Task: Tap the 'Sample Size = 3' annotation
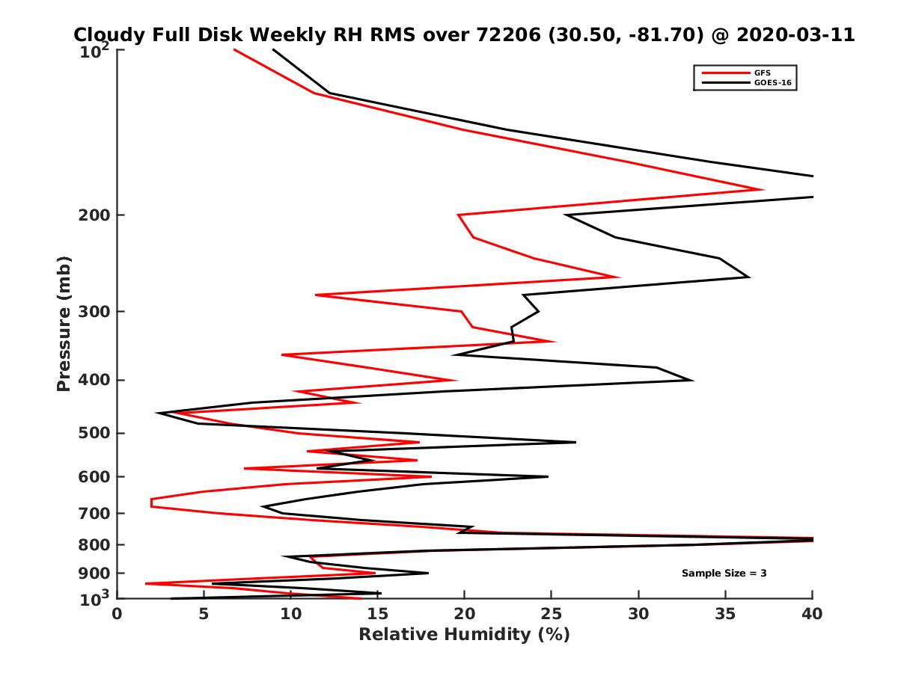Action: [724, 573]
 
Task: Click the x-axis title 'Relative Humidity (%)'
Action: [464, 635]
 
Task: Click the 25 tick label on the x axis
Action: [552, 614]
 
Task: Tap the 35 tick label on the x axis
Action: [725, 614]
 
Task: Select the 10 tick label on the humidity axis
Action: [290, 614]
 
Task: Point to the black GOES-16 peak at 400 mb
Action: [692, 380]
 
